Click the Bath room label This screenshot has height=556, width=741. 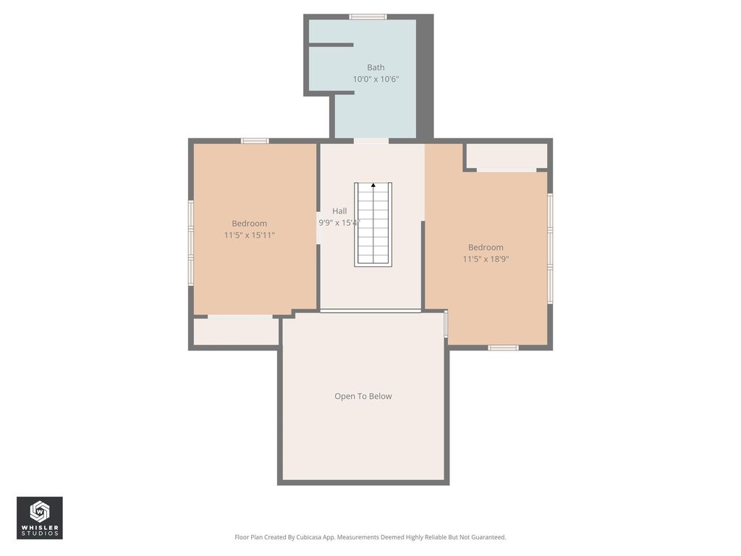[376, 67]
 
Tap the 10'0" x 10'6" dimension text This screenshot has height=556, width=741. [376, 79]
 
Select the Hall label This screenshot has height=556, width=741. [339, 211]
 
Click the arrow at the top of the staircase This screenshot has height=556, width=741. [373, 185]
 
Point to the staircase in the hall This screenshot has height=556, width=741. [373, 224]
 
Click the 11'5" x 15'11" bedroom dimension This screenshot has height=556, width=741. [249, 235]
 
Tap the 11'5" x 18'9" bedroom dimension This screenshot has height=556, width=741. [486, 258]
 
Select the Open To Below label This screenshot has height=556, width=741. [363, 396]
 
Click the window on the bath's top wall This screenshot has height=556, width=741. [368, 17]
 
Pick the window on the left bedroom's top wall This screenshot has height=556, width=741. [255, 141]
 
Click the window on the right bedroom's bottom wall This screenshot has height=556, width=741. [504, 348]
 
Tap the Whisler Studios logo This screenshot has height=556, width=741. [40, 518]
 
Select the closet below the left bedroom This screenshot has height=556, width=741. [236, 330]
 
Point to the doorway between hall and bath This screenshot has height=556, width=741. [371, 141]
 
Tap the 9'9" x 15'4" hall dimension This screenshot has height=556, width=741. [339, 223]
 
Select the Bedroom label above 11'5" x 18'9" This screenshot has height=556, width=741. [486, 248]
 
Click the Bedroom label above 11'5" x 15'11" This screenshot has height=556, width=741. [249, 224]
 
